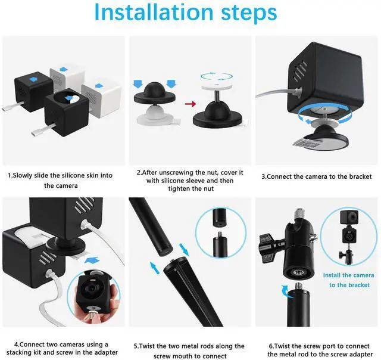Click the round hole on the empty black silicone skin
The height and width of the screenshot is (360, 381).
(70, 98)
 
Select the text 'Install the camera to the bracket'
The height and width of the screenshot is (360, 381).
(349, 280)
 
